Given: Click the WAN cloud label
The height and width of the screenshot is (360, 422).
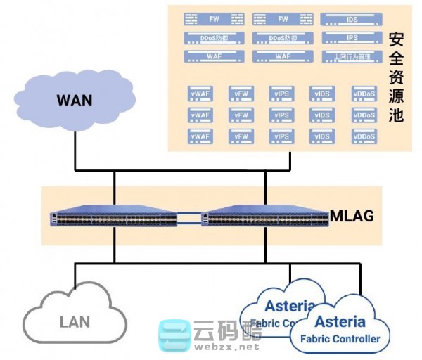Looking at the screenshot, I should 75,100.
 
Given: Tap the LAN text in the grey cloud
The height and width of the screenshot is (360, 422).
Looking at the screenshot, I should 75,322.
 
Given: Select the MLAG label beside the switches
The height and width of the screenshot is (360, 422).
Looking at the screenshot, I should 352,215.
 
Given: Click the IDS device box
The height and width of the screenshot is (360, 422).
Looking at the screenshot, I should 352,20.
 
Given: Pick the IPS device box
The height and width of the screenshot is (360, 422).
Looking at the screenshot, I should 352,38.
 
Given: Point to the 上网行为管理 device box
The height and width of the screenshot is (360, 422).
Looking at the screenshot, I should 352,56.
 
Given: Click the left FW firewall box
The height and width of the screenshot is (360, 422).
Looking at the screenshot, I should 214,20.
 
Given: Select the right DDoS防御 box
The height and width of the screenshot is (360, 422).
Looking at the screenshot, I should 283,38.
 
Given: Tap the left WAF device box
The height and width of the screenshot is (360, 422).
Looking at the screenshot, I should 214,56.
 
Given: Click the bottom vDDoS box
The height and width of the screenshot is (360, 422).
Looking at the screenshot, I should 364,136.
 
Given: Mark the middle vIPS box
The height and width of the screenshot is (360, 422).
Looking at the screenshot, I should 282,115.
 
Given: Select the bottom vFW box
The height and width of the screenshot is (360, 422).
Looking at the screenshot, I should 241,136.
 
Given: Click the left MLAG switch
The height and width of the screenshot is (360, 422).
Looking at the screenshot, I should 114,219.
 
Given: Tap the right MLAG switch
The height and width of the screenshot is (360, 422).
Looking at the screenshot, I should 265,219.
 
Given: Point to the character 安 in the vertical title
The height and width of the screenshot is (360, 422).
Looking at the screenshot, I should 397,39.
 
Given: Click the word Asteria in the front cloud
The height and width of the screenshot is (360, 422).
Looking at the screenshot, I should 340,322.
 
